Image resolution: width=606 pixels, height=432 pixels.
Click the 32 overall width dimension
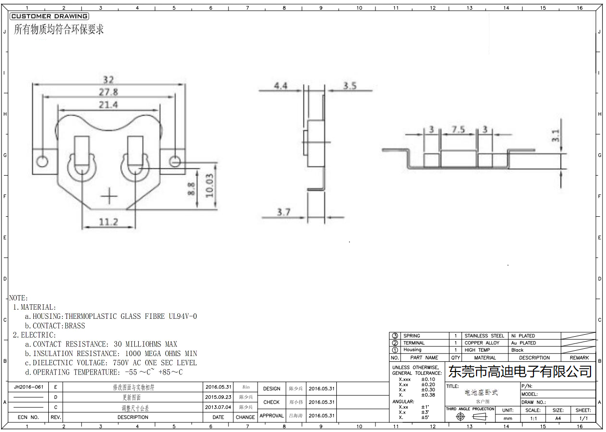[108, 80]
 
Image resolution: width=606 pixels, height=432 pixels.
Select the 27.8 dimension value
[108, 92]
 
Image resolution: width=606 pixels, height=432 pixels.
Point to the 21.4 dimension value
[108, 104]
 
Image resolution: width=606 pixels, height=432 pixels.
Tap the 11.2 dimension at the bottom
[108, 222]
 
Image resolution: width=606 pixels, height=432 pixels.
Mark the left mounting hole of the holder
[43, 161]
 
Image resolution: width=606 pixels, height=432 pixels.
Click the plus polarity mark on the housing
[110, 196]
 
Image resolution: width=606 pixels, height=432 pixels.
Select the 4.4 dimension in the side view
[280, 86]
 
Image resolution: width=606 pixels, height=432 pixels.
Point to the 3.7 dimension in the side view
[284, 212]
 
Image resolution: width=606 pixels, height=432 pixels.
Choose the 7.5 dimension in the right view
[458, 130]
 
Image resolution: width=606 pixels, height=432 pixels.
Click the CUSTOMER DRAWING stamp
[49, 16]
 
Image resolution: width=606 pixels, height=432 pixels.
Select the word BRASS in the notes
[74, 326]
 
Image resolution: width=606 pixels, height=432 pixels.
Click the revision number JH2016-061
[29, 387]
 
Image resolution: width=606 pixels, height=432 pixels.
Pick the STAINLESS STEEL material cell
[484, 336]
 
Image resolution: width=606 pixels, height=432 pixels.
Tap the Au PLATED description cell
[523, 343]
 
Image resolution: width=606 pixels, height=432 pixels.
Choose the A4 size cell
[558, 418]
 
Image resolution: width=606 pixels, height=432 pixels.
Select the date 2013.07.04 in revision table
[218, 407]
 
